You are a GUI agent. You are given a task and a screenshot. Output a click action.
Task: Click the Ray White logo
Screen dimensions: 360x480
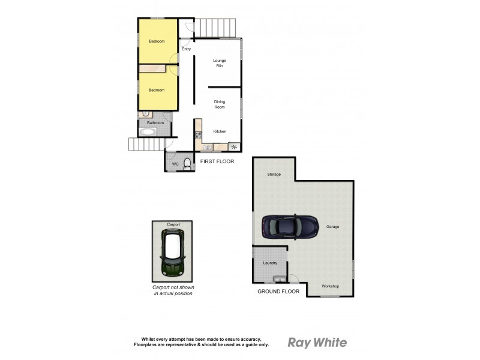(x=317, y=343)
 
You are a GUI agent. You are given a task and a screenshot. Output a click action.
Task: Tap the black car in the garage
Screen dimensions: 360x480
(x=290, y=227)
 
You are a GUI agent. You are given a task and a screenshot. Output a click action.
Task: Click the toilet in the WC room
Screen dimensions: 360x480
(x=187, y=163)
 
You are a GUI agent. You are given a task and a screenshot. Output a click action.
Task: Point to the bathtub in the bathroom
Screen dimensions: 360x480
(x=149, y=132)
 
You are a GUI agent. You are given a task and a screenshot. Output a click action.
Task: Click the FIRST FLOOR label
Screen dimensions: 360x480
(x=218, y=161)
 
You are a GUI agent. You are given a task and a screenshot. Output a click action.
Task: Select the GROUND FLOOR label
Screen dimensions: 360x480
(x=278, y=291)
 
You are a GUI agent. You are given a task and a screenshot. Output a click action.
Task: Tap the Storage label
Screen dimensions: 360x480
(x=274, y=174)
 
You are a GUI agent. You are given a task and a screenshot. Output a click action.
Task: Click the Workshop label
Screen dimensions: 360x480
(x=331, y=286)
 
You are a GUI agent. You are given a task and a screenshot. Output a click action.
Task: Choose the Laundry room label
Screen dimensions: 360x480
(x=270, y=263)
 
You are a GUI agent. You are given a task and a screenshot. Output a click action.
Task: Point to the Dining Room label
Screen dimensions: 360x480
(x=220, y=104)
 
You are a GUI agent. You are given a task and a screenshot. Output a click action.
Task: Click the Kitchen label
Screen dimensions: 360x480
(x=220, y=131)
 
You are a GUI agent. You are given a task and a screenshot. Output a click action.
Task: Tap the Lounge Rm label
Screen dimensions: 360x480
(x=220, y=63)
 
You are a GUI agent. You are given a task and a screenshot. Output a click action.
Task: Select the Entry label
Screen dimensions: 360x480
(x=186, y=49)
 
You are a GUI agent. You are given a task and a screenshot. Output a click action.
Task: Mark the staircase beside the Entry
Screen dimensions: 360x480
(x=216, y=27)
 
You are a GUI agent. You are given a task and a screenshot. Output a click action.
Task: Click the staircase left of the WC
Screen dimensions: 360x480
(x=146, y=144)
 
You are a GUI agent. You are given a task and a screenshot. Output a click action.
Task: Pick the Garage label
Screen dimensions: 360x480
(x=333, y=227)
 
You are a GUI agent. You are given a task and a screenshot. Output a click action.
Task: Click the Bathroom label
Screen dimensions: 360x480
(x=156, y=122)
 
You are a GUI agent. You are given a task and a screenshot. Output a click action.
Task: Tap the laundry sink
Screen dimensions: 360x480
(x=278, y=278)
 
